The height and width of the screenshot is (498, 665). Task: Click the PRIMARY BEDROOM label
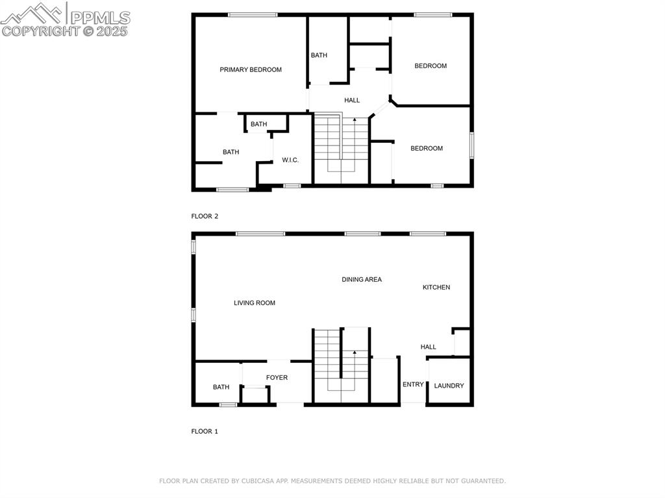click(251, 70)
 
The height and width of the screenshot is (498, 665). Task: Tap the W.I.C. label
click(290, 160)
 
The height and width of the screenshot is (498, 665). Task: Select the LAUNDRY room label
click(449, 386)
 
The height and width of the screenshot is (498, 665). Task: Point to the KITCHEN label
click(436, 287)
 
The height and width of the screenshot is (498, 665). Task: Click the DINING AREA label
click(362, 280)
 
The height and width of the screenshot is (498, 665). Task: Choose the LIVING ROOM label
click(255, 303)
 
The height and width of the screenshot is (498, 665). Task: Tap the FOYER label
click(277, 378)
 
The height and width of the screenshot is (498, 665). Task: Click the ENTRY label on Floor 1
click(413, 384)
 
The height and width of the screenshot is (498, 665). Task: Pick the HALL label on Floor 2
click(352, 100)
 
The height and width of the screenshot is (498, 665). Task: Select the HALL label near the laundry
click(429, 347)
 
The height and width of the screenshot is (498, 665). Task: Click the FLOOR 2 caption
click(205, 216)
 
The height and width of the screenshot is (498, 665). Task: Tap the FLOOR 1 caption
click(205, 431)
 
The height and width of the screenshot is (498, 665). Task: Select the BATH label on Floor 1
click(221, 387)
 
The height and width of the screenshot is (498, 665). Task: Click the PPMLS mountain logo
click(33, 12)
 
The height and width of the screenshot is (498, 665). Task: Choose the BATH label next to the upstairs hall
click(319, 55)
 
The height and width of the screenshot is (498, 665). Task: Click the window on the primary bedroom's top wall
click(253, 15)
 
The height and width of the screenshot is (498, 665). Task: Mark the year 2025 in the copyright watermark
click(112, 31)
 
